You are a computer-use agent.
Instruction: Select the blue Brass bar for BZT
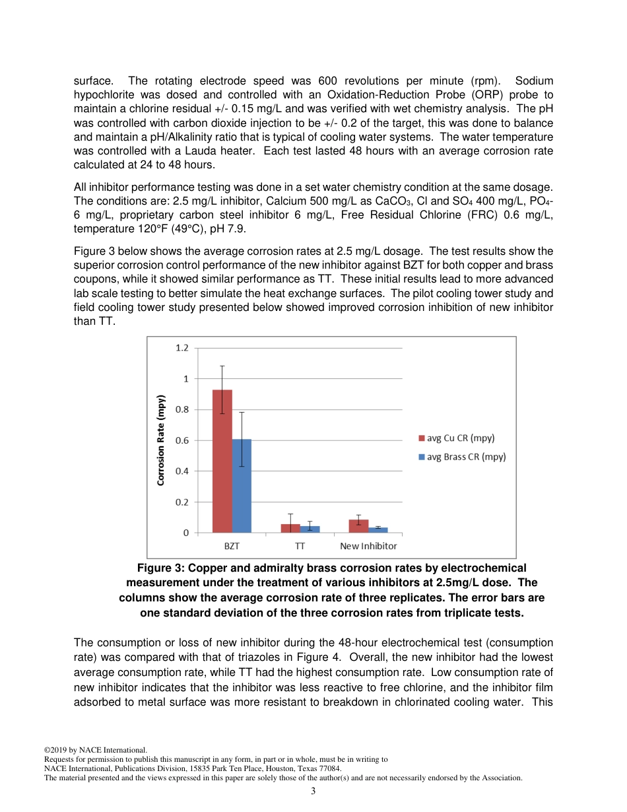pyautogui.click(x=242, y=485)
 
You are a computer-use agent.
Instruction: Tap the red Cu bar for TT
pyautogui.click(x=290, y=528)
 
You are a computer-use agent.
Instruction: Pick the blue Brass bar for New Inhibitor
pyautogui.click(x=378, y=529)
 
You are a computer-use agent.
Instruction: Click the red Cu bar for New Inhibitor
pyautogui.click(x=358, y=525)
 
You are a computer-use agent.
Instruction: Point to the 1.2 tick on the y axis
pyautogui.click(x=181, y=348)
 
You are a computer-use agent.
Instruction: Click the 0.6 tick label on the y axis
pyautogui.click(x=181, y=440)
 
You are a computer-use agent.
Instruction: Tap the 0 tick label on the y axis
pyautogui.click(x=185, y=533)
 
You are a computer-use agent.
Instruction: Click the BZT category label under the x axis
pyautogui.click(x=232, y=546)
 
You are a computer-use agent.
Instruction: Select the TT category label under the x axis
pyautogui.click(x=300, y=546)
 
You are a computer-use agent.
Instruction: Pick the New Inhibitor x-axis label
pyautogui.click(x=368, y=546)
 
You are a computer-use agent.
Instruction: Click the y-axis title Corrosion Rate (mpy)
pyautogui.click(x=160, y=440)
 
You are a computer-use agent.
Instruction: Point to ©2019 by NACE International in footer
pyautogui.click(x=95, y=750)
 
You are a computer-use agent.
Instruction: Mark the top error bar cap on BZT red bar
pyautogui.click(x=222, y=366)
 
